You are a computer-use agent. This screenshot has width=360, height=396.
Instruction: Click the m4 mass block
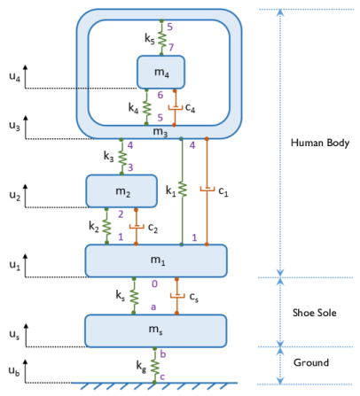[160, 71]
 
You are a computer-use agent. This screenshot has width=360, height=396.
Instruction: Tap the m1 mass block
[156, 260]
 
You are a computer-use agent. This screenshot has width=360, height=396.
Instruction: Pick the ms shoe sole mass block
[156, 330]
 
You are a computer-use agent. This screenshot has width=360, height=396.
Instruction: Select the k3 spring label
[109, 157]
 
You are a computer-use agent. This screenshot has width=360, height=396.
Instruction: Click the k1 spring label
[171, 190]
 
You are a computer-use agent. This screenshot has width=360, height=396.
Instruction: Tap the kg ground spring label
[141, 364]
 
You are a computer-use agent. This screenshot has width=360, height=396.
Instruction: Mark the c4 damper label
[190, 107]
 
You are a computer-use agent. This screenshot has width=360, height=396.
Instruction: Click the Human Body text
[320, 143]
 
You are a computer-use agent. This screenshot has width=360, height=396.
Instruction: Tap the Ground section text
[311, 362]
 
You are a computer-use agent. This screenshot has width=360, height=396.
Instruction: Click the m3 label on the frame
[160, 132]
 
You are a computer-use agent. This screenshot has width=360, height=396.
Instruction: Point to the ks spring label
[120, 295]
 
